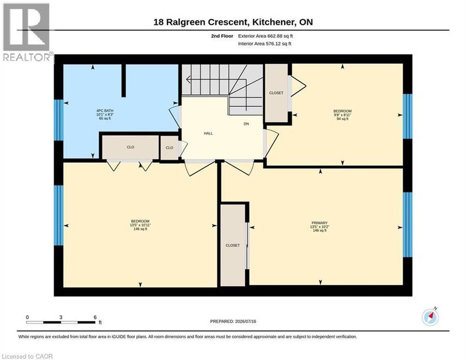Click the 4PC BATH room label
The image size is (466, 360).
[105, 110]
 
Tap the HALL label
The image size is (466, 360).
[208, 134]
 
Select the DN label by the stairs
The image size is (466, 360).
[246, 124]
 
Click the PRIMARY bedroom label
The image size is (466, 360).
[319, 223]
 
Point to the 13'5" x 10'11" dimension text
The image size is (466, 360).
[140, 225]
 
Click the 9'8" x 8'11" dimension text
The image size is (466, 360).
[342, 115]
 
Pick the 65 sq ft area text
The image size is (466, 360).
[105, 118]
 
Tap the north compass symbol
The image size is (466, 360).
[430, 317]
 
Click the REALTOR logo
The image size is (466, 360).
[27, 32]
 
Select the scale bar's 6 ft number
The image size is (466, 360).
[95, 317]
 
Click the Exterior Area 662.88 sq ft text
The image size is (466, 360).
[266, 36]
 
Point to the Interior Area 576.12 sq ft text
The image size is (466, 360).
[265, 44]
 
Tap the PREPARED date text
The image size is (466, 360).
[233, 321]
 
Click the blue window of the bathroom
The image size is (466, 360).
[59, 120]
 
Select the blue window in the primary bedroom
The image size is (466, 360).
[407, 225]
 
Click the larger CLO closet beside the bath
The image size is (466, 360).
[130, 148]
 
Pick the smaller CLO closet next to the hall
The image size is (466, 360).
[169, 148]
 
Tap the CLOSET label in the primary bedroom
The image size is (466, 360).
[232, 246]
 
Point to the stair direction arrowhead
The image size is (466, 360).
[188, 79]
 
